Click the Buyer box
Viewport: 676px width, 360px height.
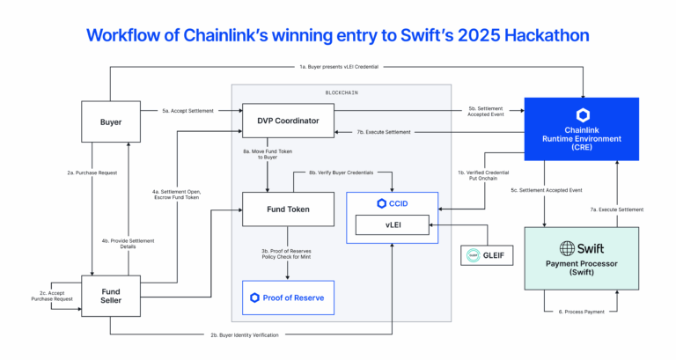(x=110, y=121)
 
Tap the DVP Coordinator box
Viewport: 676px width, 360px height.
(x=288, y=120)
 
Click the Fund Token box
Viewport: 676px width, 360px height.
(x=288, y=209)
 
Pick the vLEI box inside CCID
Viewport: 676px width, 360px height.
(x=392, y=225)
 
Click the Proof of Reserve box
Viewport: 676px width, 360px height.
(x=288, y=298)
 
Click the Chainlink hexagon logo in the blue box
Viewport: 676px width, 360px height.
(x=582, y=115)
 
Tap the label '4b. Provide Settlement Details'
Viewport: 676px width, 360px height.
(x=129, y=243)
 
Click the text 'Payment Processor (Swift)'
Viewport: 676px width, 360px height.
(x=581, y=270)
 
